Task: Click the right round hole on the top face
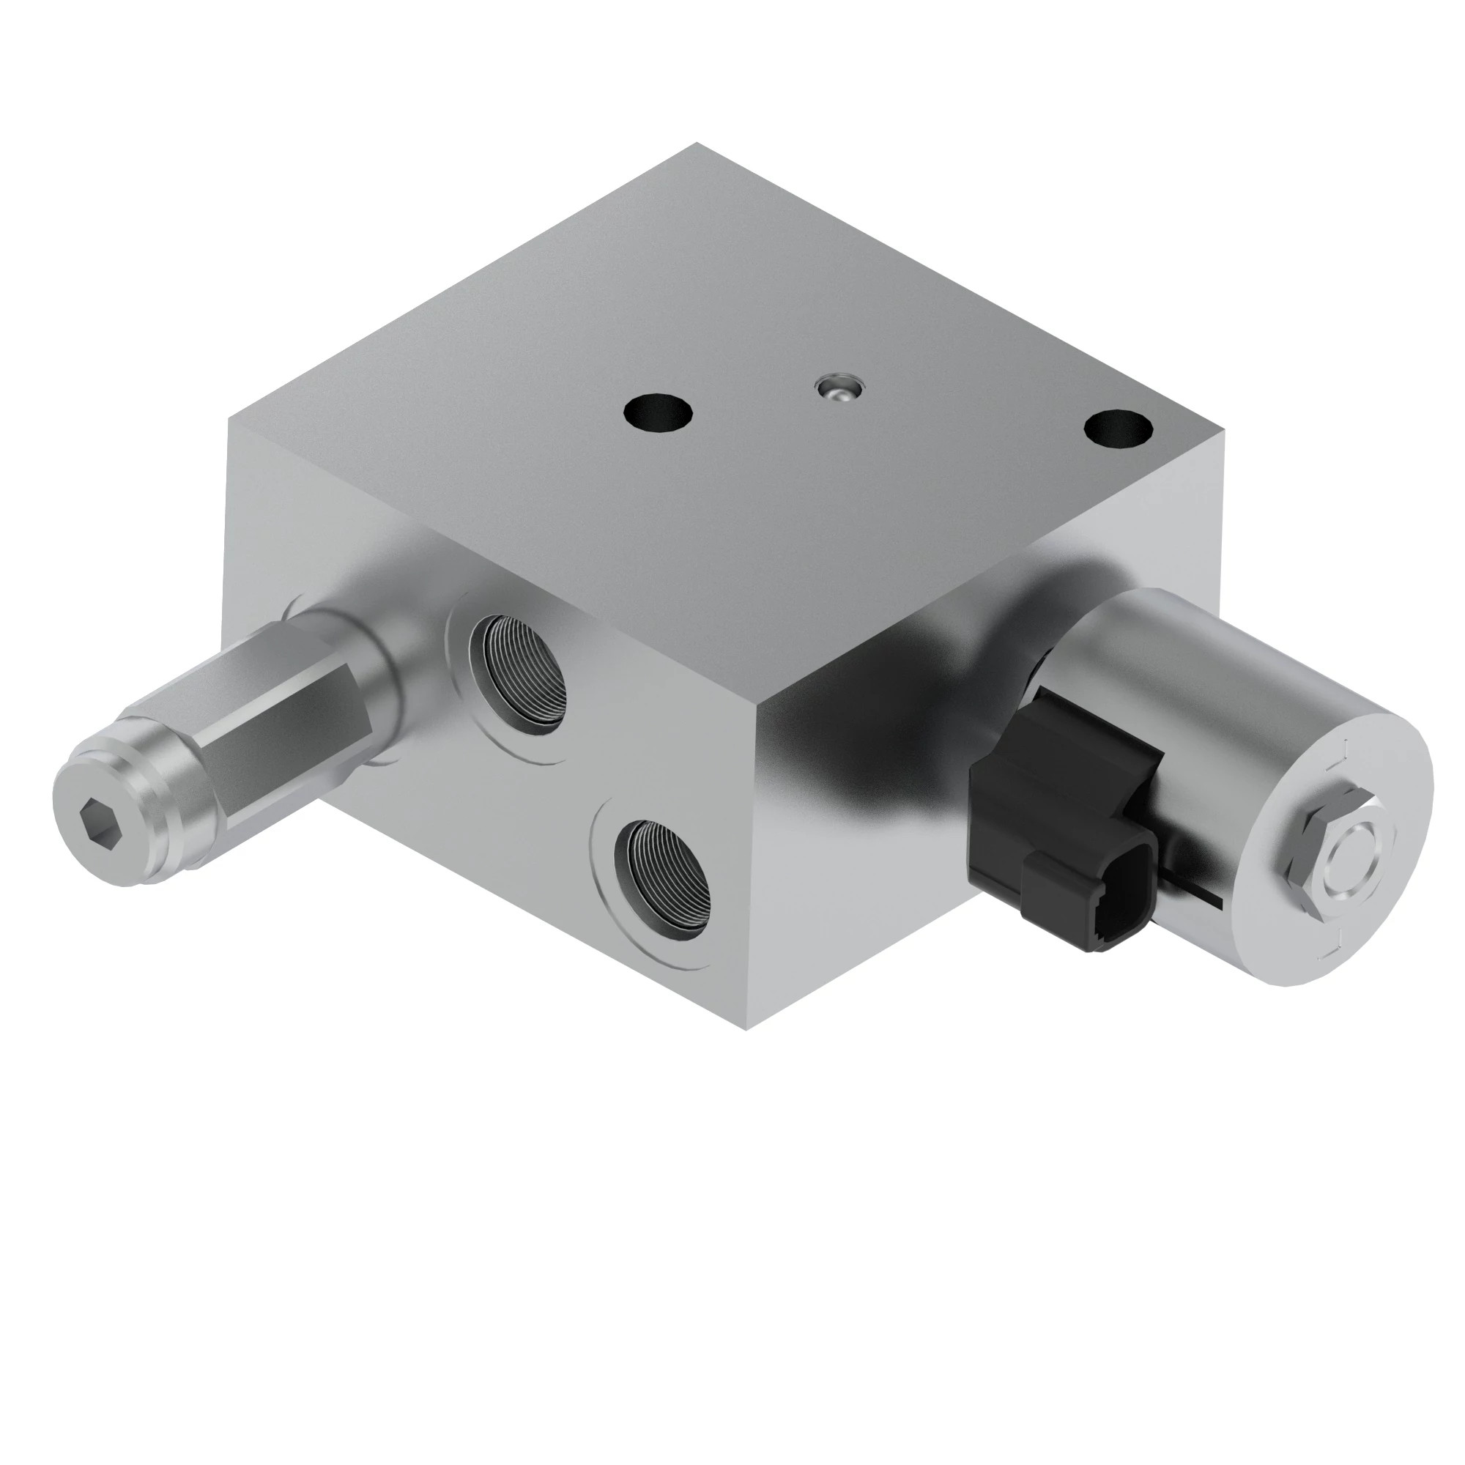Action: [1119, 429]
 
